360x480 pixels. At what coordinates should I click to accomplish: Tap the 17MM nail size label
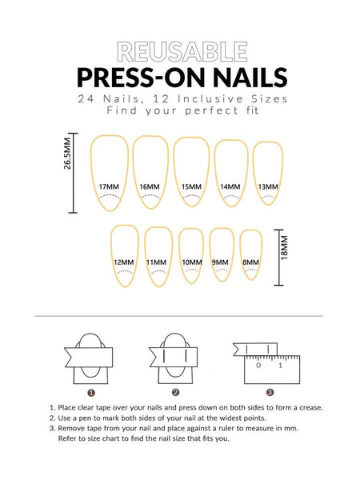point(108,186)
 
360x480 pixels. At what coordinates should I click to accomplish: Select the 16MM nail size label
point(149,186)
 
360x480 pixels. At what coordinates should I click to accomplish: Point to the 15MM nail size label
point(190,186)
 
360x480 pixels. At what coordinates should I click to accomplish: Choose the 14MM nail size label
point(230,186)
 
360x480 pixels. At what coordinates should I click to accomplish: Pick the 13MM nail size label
point(268,186)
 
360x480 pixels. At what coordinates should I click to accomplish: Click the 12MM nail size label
point(123,262)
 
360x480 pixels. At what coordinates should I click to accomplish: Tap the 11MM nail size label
point(157,262)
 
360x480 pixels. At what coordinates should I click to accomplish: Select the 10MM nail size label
point(191,262)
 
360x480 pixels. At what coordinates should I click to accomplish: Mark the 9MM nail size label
point(220,262)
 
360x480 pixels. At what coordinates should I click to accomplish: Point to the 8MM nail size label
point(250,262)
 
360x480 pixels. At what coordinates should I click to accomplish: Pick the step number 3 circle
point(270,392)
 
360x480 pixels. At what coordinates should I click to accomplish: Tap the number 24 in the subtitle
point(86,99)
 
